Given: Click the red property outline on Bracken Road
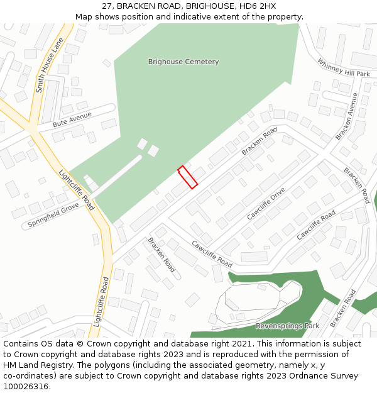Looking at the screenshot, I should click(x=188, y=177).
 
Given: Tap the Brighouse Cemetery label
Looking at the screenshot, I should click(x=183, y=62).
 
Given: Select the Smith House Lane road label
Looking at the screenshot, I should click(x=50, y=65).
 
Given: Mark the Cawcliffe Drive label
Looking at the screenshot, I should click(x=266, y=203).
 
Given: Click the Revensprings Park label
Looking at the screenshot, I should click(x=287, y=326).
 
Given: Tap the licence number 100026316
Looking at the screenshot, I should click(x=26, y=387).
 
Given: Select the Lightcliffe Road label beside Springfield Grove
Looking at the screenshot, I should click(x=77, y=189).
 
